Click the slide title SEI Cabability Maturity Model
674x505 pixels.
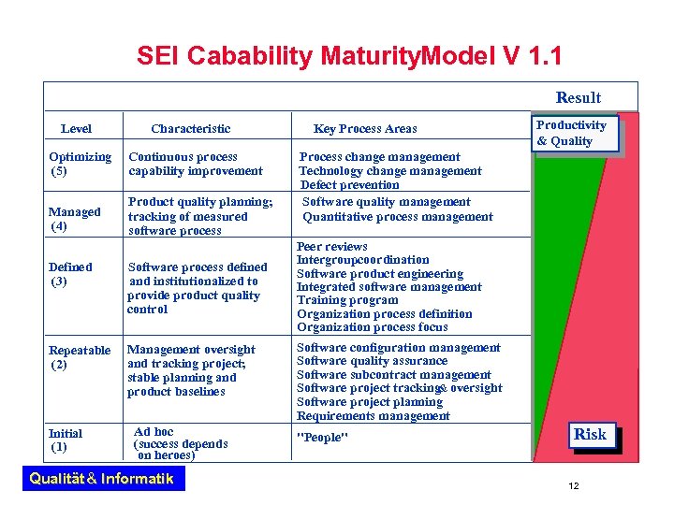coord(349,56)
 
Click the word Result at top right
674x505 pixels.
coord(578,97)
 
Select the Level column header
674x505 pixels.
coord(76,128)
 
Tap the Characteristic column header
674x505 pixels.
coord(190,128)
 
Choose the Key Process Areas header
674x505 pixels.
coord(365,128)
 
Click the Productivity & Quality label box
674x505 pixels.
coord(573,133)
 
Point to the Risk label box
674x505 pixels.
coord(590,434)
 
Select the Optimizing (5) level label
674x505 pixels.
coord(80,164)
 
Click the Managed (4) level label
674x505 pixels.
coord(74,219)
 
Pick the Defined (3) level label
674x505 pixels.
coord(70,273)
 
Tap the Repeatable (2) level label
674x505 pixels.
coord(79,357)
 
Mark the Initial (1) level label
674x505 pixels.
coord(65,440)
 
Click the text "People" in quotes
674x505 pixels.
coord(322,438)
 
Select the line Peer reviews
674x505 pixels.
coord(332,246)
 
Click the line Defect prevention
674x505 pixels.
coord(349,185)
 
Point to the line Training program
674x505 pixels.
coord(347,300)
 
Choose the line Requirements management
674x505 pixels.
coord(373,415)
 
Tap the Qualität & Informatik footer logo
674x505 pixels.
coord(102,479)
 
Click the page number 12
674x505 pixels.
coord(574,485)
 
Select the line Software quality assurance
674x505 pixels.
coord(372,361)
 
